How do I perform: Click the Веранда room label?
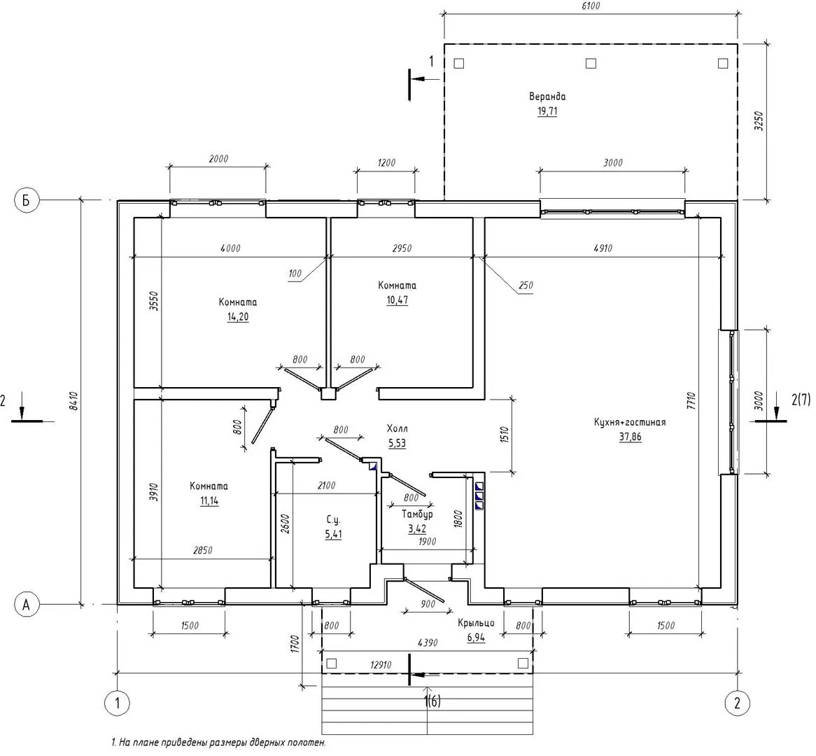point(547,97)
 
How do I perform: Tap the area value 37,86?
point(631,437)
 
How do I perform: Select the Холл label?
point(397,428)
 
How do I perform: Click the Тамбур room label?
point(417,514)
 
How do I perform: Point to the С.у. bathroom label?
point(333,519)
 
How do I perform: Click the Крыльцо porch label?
point(476,623)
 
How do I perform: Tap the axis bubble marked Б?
point(26,200)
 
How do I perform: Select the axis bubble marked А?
point(26,605)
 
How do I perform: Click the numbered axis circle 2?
point(737,703)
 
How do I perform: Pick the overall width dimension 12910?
point(381,665)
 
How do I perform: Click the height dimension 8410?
point(73,401)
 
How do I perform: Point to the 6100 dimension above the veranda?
point(590,6)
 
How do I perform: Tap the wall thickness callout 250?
point(526,286)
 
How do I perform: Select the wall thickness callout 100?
point(295,273)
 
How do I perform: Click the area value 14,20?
point(238,316)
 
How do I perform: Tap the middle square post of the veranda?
point(591,64)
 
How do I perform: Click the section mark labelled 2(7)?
point(801,399)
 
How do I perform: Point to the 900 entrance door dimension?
point(428,604)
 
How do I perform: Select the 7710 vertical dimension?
point(691,401)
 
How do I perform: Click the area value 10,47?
point(397,300)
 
